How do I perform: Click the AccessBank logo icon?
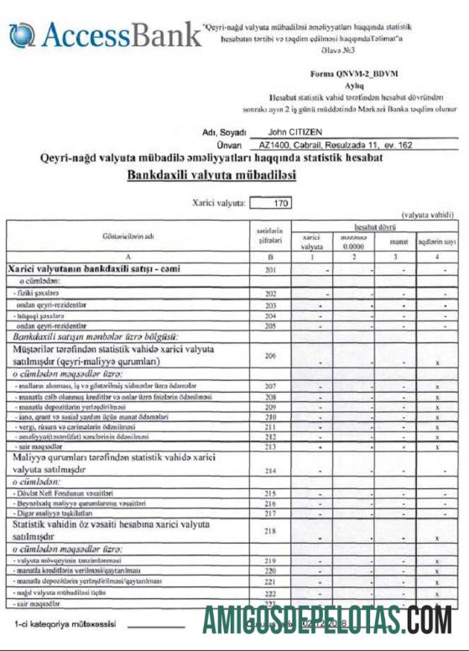20,36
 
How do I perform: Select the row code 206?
271,356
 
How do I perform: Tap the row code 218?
271,531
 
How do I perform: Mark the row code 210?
271,416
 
